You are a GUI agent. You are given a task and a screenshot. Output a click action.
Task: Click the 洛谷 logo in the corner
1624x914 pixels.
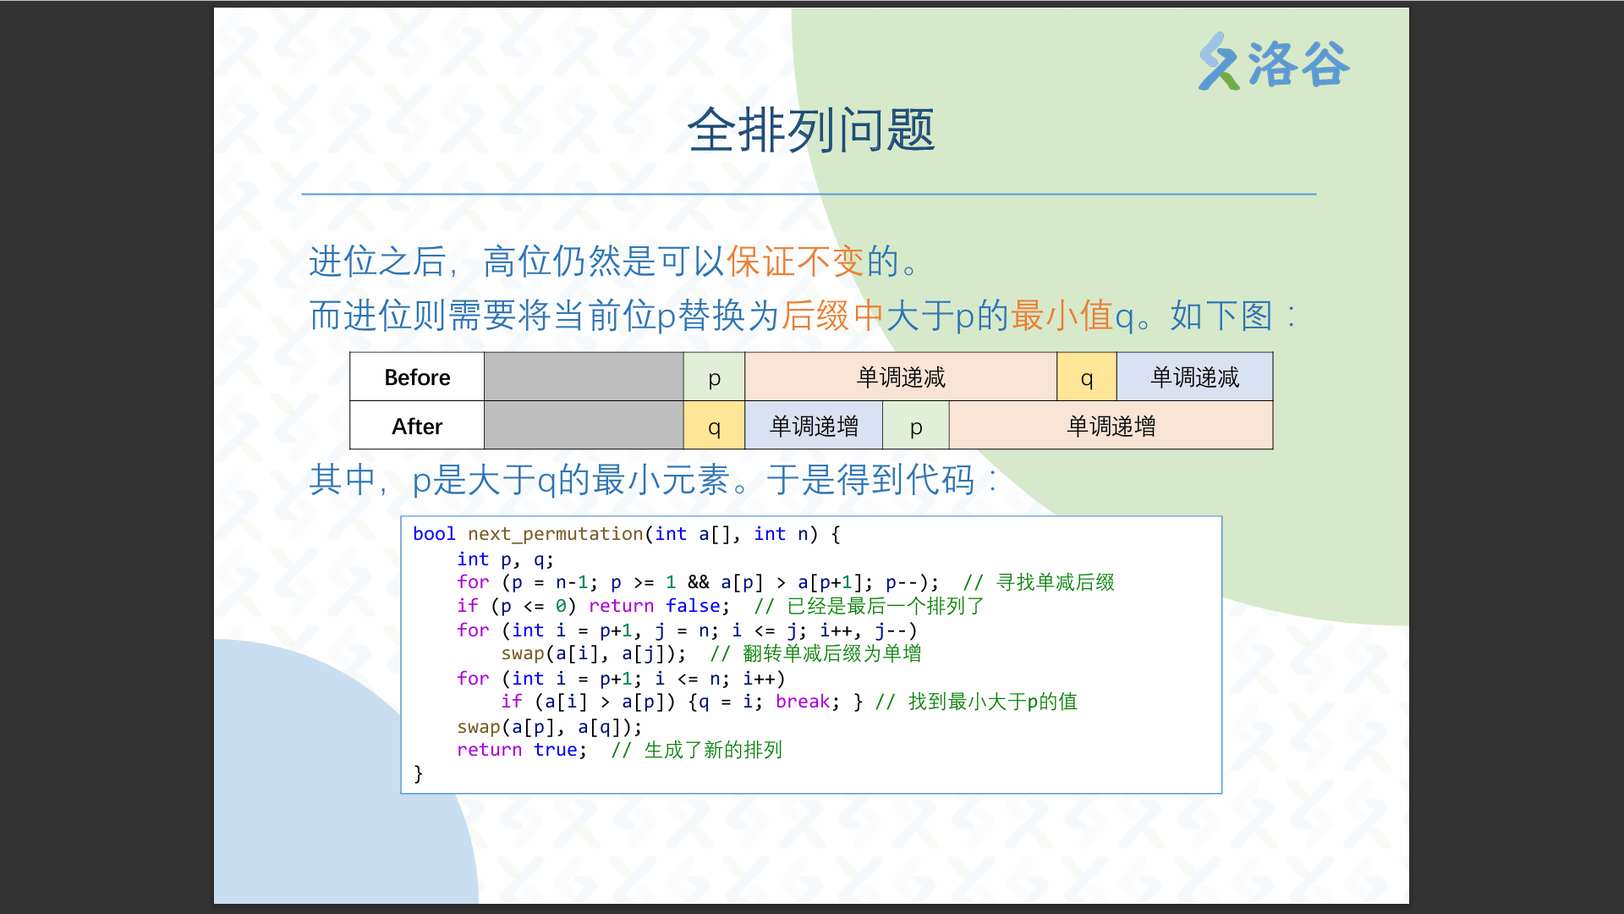tap(1274, 62)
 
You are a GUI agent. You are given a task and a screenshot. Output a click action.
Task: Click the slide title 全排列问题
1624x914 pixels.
tap(811, 130)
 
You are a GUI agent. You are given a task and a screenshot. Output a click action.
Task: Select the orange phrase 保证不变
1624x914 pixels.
tap(795, 262)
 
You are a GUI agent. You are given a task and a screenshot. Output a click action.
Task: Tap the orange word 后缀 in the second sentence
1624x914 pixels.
tap(815, 316)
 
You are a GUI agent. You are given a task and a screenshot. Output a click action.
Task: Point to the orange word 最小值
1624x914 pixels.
tap(1062, 316)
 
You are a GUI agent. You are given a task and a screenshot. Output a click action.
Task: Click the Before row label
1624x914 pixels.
tap(417, 377)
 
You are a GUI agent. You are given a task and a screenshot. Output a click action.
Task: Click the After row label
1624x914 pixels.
tap(417, 427)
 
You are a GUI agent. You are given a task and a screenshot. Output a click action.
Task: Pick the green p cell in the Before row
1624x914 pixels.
tap(714, 377)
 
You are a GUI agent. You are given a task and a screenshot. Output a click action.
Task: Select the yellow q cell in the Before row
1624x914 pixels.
tap(1087, 377)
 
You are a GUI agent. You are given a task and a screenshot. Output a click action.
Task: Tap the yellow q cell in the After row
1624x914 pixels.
tap(714, 427)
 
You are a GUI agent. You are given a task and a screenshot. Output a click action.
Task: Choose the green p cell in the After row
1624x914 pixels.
tap(916, 427)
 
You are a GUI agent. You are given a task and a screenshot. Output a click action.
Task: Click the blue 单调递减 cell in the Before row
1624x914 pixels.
tap(1194, 377)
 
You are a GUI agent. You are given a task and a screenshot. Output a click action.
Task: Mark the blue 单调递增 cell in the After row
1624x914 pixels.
tap(814, 427)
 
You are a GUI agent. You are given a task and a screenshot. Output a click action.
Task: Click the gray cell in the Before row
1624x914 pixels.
tap(584, 377)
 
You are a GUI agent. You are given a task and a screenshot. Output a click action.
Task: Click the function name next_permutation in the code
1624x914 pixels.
tap(555, 534)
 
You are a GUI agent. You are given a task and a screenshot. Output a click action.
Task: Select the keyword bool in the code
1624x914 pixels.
tap(434, 534)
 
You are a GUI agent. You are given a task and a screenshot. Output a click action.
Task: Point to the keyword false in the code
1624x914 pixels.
tap(693, 606)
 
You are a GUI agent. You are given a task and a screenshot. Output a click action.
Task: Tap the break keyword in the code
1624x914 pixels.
tap(803, 702)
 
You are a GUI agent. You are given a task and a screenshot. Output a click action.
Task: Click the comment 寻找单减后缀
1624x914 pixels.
tap(1055, 582)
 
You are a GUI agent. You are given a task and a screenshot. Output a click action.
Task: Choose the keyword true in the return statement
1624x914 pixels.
tap(555, 750)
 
